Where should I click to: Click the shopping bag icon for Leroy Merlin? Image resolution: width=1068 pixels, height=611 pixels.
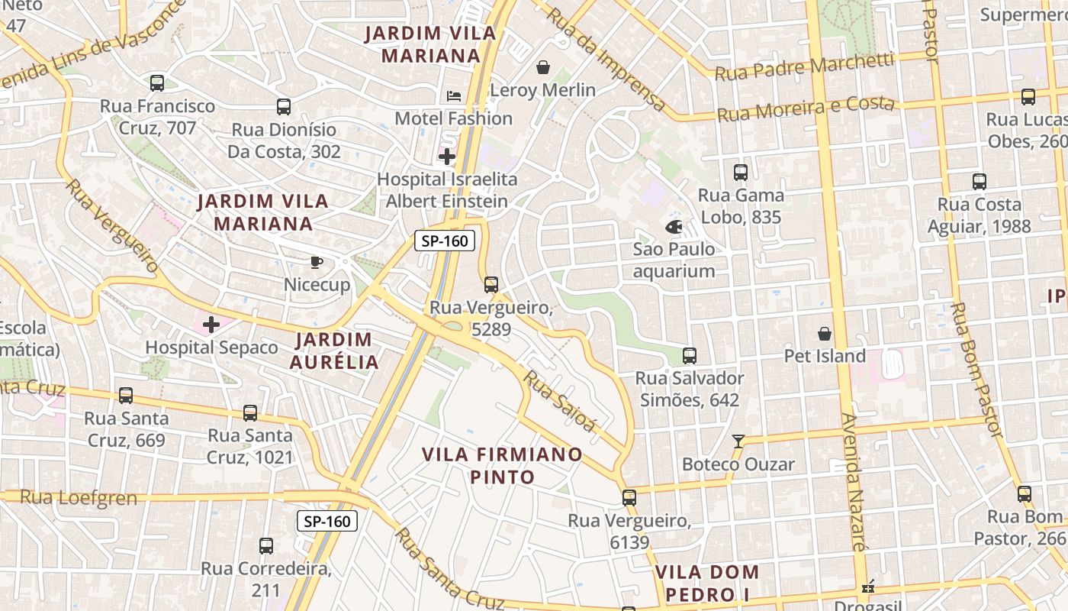tap(543, 68)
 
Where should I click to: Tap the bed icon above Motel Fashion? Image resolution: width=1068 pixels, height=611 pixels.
tap(454, 96)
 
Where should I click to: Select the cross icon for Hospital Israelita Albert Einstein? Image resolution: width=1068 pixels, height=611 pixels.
tap(447, 157)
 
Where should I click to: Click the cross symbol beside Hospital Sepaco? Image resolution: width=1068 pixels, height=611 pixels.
tap(211, 325)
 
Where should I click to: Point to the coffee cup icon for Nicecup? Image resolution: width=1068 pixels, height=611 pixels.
tap(317, 263)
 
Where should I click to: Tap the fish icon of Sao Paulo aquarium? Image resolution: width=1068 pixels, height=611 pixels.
tap(674, 227)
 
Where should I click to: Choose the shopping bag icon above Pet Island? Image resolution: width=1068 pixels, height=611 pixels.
tap(825, 334)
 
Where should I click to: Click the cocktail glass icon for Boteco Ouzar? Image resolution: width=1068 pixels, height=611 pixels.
tap(738, 441)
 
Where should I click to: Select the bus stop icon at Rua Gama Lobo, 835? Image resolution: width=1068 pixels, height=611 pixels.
tap(740, 173)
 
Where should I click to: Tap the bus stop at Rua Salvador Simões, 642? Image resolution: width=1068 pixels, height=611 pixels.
tap(690, 356)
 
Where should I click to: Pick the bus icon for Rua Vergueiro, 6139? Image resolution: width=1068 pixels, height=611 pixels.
tap(629, 498)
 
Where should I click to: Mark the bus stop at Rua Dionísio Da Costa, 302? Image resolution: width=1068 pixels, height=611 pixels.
tap(284, 107)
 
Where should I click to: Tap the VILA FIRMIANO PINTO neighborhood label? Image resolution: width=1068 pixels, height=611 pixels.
tap(502, 466)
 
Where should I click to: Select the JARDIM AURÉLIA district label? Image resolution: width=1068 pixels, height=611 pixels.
tap(334, 351)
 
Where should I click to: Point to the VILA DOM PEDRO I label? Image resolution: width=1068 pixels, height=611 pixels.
tap(707, 583)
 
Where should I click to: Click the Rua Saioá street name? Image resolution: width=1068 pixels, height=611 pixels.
tap(558, 400)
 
